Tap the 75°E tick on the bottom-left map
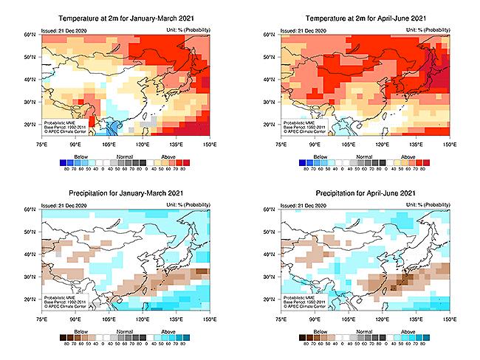click(x=42, y=319)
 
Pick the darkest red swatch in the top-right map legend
click(x=430, y=162)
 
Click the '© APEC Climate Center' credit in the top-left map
click(x=65, y=131)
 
